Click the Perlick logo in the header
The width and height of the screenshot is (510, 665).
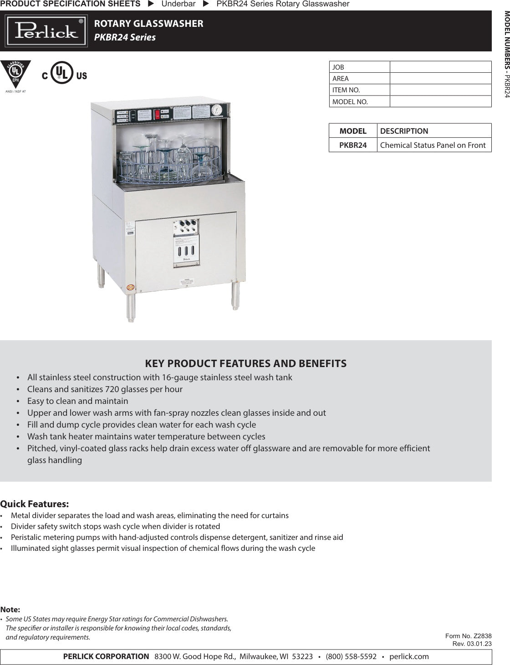tap(46, 31)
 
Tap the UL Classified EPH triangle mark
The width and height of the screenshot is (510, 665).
tap(15, 73)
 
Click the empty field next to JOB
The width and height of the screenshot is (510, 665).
tap(440, 67)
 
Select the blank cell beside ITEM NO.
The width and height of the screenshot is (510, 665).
tap(440, 90)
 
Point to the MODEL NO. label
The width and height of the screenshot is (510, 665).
tap(350, 102)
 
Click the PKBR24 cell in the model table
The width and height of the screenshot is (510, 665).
tap(353, 145)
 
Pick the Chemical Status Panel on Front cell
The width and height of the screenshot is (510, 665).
tap(433, 145)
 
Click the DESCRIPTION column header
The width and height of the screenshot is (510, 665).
tap(404, 131)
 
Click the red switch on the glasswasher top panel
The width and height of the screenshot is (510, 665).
tap(158, 115)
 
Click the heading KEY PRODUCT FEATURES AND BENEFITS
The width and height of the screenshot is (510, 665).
tap(245, 363)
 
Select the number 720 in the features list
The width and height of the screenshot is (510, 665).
tap(112, 389)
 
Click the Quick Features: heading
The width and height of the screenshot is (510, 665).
tap(35, 504)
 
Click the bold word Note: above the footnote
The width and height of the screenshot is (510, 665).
tap(10, 610)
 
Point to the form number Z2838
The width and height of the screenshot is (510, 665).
tap(482, 636)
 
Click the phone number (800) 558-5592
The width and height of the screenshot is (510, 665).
tap(351, 656)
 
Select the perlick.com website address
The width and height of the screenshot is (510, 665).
tap(409, 656)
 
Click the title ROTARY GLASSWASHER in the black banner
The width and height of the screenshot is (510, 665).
tap(148, 24)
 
